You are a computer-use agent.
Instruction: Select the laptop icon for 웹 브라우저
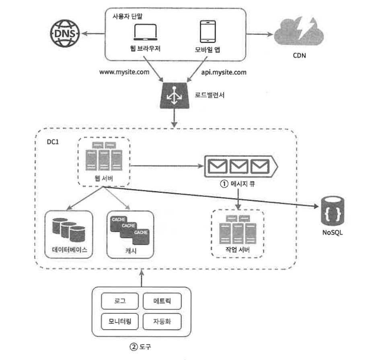pos(145,33)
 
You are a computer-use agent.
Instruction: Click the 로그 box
pos(119,300)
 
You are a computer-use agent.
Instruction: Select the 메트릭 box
pos(162,300)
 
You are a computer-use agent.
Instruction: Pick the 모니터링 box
pos(119,321)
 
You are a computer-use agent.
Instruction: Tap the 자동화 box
pos(162,321)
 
